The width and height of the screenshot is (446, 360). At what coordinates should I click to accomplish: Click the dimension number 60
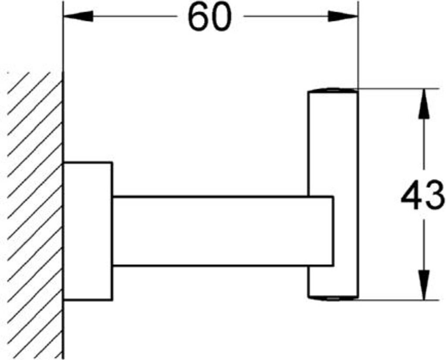click(209, 17)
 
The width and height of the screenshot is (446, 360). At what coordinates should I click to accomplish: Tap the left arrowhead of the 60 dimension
click(79, 17)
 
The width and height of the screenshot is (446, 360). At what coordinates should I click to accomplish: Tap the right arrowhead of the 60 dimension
click(342, 17)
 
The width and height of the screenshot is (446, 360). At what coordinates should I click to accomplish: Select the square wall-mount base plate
click(88, 231)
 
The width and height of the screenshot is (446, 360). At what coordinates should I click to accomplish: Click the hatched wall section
click(35, 218)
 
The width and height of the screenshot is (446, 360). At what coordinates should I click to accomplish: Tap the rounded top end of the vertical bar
click(333, 91)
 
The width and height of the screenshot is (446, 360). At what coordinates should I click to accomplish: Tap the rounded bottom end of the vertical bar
click(333, 298)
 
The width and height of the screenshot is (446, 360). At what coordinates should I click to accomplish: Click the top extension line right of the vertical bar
click(392, 89)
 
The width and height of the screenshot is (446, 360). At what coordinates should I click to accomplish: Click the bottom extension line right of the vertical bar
click(392, 300)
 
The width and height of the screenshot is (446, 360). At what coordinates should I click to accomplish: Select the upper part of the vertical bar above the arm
click(333, 144)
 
